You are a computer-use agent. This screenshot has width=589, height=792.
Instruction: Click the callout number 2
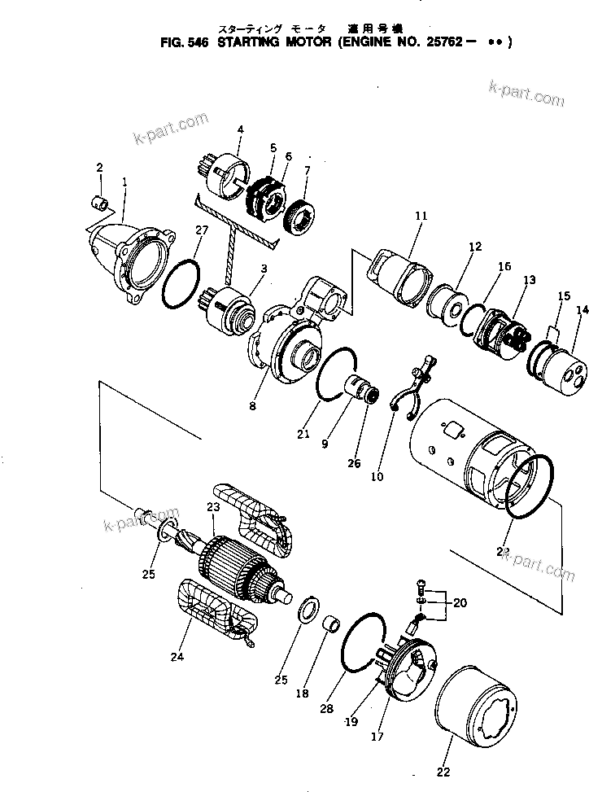pos(99,168)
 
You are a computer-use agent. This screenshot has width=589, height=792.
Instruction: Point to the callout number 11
pos(421,217)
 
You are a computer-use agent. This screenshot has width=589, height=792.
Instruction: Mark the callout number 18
pos(302,694)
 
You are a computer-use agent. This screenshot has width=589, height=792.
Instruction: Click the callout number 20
pos(460,603)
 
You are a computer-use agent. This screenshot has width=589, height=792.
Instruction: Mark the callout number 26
pos(354,464)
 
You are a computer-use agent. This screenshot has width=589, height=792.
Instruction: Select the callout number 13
pos(530,279)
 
